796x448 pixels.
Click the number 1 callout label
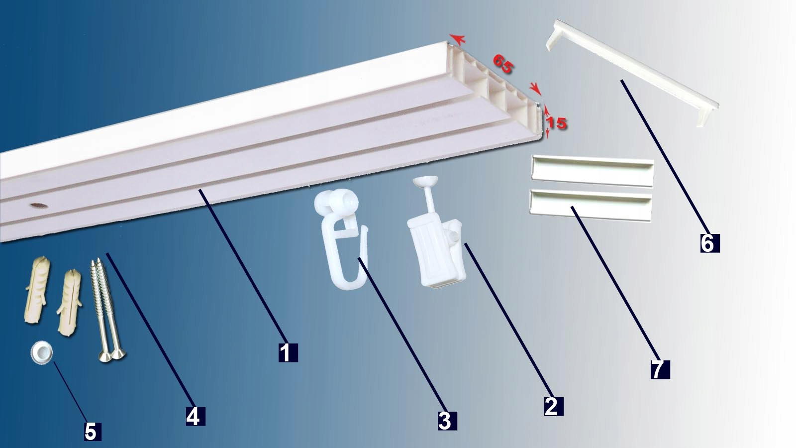[288, 352]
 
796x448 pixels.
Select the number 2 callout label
[554, 406]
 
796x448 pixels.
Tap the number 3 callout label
[447, 421]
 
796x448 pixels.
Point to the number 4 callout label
[196, 416]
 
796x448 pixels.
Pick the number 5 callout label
[93, 432]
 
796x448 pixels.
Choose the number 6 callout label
[710, 243]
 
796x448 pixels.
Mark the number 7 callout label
[660, 369]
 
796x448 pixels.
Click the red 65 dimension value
[503, 64]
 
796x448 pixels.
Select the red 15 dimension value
[556, 123]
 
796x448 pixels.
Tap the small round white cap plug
[42, 352]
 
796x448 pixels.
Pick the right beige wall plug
[69, 302]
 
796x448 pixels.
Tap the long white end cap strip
[632, 73]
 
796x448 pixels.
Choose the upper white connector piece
[593, 171]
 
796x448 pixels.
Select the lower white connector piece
[591, 205]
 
